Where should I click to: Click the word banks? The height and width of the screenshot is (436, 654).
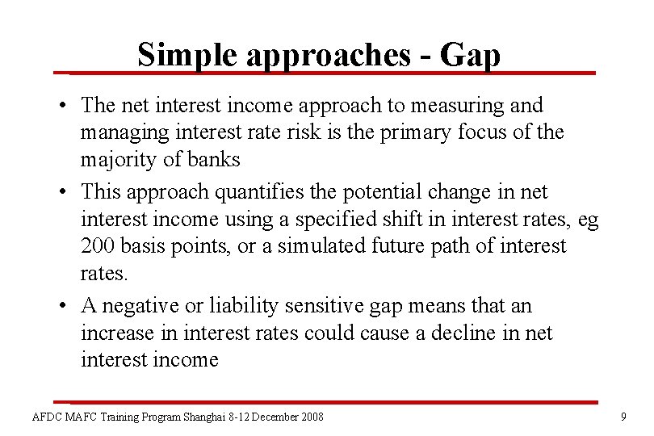point(213,159)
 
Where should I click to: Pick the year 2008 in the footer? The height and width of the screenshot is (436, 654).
point(310,417)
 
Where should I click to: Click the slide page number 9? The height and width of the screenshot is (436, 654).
point(623,417)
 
